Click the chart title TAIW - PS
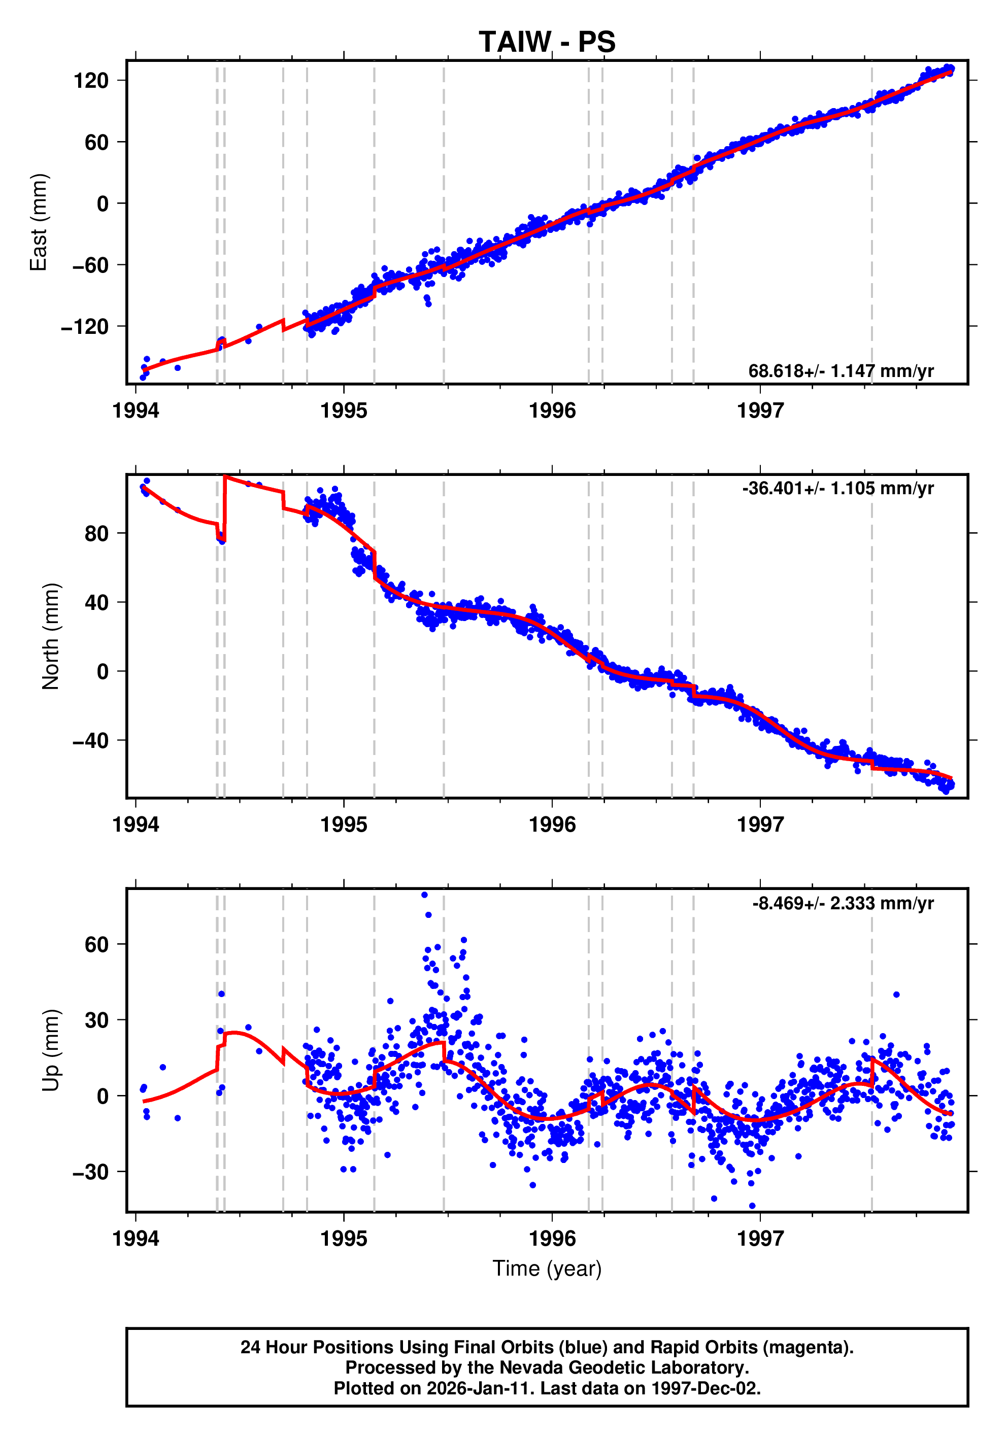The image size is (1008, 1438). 547,42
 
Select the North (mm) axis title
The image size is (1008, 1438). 51,636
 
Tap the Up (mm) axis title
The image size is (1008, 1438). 51,1050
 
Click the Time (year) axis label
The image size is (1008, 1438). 547,1268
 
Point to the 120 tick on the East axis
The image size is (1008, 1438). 91,81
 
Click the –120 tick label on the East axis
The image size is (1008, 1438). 85,327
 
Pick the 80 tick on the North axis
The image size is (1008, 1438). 97,534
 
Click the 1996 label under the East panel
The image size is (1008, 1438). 552,411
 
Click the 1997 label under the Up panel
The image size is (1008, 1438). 760,1238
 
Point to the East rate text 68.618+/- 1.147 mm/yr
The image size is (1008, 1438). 841,371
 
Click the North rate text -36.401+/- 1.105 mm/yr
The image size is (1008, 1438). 837,489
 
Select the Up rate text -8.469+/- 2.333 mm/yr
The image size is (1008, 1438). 843,903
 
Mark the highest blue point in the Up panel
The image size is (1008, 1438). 424,895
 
